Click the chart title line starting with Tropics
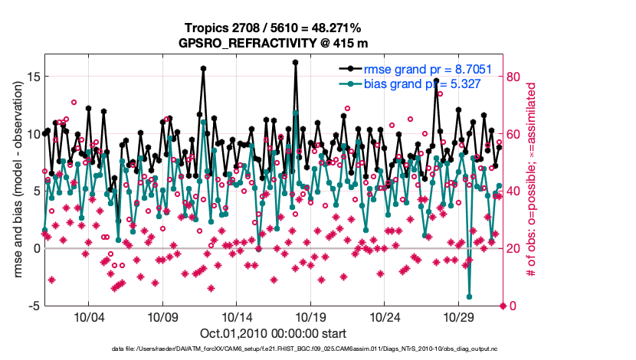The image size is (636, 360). coord(273,28)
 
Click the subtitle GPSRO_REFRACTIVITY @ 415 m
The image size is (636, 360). coord(273,42)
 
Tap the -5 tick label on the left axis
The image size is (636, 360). coord(34,306)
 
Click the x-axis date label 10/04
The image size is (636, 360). coord(88,317)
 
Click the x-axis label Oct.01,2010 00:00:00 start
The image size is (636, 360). coord(273,333)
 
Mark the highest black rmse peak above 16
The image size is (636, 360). coord(295,63)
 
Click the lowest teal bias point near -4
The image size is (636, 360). coord(469,296)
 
